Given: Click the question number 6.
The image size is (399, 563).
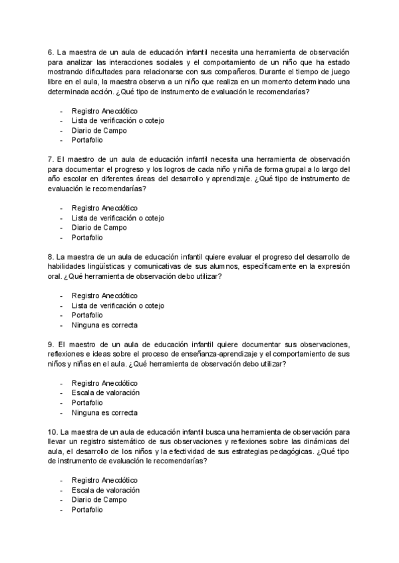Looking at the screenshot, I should [51, 52].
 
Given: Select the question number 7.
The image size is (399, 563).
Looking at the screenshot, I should [51, 160].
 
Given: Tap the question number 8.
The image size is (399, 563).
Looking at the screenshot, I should [51, 257].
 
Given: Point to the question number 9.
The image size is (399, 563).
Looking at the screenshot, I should [51, 345].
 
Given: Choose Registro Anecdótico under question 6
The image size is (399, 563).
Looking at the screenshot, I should [104, 111].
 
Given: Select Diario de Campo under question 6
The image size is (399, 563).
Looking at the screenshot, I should [99, 131].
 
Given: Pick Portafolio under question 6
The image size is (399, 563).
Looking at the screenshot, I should [87, 140].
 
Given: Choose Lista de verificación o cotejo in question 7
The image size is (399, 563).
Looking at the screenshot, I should [118, 218].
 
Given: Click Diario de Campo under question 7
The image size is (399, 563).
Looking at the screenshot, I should [99, 228].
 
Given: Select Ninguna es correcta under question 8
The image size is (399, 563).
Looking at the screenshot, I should [104, 325].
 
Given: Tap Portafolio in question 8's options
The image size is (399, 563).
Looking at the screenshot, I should [87, 315].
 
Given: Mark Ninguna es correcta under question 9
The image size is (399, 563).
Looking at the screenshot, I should [104, 412].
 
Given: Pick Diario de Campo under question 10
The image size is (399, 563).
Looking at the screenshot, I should [99, 500].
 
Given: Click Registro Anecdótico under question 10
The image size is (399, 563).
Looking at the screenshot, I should [104, 480].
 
